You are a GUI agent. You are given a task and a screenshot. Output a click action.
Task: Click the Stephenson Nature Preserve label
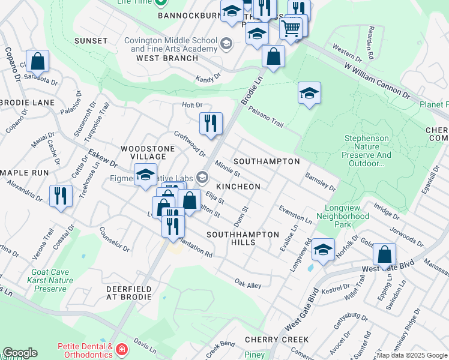[x=366, y=151]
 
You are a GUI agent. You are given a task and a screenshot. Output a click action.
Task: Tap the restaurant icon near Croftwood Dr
[x=211, y=124]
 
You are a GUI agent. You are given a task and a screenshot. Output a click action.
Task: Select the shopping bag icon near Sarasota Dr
[x=37, y=61]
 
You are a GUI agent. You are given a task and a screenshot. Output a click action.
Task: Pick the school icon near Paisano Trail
[x=309, y=93]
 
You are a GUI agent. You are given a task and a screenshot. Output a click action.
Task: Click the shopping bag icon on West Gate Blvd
[x=384, y=254]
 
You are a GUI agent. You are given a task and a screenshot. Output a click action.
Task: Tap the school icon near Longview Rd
[x=323, y=249]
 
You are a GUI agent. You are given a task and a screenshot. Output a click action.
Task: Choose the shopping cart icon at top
[x=291, y=28]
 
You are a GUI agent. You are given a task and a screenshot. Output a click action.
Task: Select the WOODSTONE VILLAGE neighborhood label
[x=148, y=152]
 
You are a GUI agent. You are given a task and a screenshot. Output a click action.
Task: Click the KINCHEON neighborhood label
[x=238, y=187]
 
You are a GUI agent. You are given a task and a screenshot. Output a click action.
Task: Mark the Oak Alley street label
[x=247, y=284]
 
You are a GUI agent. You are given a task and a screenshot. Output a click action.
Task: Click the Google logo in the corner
[x=20, y=353]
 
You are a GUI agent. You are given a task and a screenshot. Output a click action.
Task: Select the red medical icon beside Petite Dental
[x=122, y=349]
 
